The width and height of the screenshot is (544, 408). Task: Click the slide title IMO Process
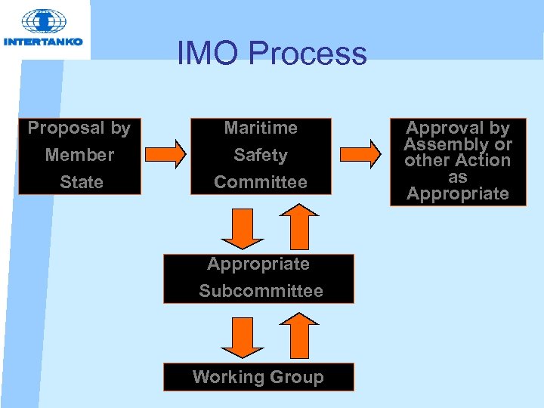click(272, 54)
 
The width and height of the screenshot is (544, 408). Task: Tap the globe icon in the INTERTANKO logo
click(43, 22)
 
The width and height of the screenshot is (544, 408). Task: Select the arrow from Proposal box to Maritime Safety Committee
click(165, 155)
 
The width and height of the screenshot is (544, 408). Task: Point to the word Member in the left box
click(79, 155)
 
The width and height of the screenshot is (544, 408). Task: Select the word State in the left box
click(81, 182)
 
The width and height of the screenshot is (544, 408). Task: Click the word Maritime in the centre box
click(261, 128)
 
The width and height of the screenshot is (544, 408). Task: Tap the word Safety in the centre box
click(261, 155)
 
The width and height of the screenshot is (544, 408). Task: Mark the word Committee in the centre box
click(261, 182)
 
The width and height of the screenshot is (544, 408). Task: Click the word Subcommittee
click(261, 291)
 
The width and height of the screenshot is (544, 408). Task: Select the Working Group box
click(258, 377)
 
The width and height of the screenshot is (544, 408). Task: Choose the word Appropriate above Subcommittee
click(258, 264)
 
